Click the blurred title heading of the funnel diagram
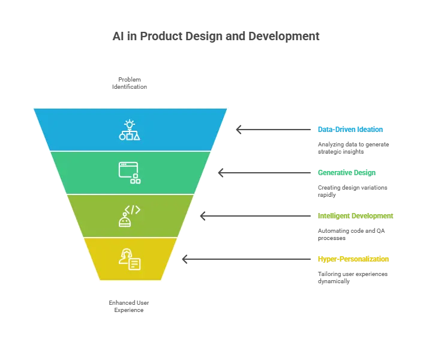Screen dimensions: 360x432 [216, 37]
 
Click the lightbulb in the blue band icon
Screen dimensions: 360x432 [130, 124]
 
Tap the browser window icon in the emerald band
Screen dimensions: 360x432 [128, 169]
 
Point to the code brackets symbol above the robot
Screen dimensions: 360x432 [133, 209]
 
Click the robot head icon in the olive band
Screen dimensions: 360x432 [125, 221]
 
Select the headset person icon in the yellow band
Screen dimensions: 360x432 [125, 256]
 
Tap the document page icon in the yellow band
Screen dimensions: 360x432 [134, 264]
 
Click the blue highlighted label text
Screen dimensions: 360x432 [350, 129]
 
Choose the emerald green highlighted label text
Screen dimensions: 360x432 [347, 173]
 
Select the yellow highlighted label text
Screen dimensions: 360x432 [353, 259]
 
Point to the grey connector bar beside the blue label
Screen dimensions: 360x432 [273, 129]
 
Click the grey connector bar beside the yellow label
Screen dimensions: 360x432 [244, 259]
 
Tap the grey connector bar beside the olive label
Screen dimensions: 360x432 [254, 216]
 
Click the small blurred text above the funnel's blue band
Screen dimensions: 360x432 [130, 83]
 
